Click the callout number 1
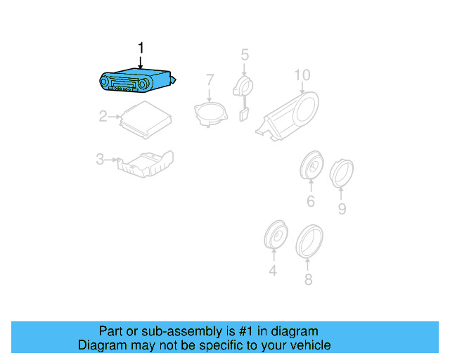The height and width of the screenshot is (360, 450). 141,48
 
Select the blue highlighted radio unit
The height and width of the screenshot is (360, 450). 138,81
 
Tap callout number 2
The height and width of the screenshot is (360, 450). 103,116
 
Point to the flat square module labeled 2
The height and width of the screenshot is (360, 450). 146,120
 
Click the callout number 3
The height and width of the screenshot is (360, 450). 100,159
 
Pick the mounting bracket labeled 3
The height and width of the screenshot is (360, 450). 146,164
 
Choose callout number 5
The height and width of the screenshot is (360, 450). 245,55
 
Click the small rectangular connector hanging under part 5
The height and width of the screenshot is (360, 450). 244,115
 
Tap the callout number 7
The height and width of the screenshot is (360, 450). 210,80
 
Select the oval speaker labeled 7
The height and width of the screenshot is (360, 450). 211,114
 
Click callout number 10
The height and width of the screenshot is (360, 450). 302,75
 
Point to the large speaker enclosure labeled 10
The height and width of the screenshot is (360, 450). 288,116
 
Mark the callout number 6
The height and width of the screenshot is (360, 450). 311,201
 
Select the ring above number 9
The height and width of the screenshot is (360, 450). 341,173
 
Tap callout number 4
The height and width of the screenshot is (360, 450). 273,271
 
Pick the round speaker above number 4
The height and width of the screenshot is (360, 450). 276,235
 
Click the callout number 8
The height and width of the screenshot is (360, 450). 308,279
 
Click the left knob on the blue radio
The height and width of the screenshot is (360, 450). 104,82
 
